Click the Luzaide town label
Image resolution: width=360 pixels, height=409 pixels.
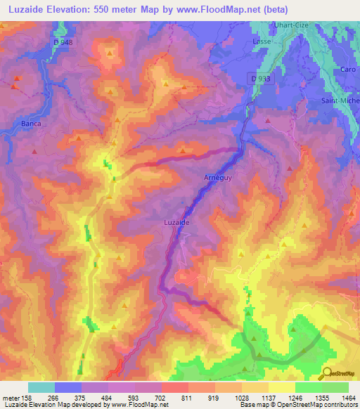coord(178,221)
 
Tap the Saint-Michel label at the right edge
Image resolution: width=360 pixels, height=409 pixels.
coord(340,100)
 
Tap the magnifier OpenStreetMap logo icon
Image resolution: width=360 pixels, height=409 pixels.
coord(326,373)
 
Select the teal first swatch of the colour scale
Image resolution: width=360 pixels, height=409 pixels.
coord(41,387)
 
